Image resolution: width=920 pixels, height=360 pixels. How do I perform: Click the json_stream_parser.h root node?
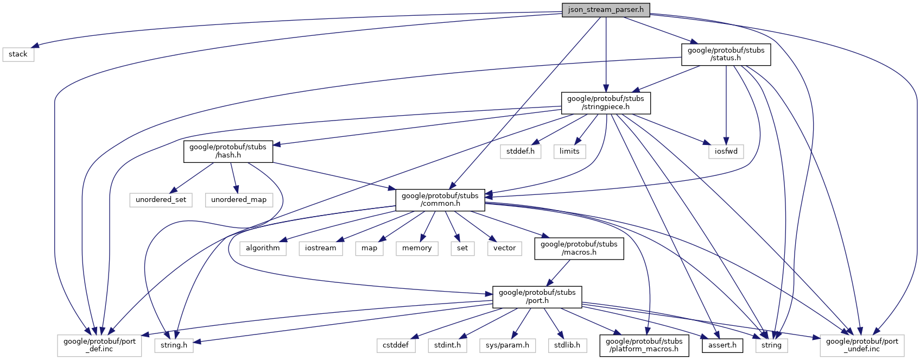pyautogui.click(x=605, y=10)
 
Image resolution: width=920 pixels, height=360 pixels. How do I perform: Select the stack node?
pyautogui.click(x=18, y=54)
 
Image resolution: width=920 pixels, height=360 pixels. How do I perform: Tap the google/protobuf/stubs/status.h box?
pyautogui.click(x=726, y=54)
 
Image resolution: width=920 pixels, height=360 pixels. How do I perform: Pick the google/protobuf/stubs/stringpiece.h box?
pyautogui.click(x=605, y=103)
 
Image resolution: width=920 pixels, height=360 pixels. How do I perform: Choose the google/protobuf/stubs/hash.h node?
pyautogui.click(x=228, y=151)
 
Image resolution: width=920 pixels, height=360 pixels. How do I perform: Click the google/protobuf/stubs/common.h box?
pyautogui.click(x=440, y=200)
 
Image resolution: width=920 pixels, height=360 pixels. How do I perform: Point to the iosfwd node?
pyautogui.click(x=726, y=151)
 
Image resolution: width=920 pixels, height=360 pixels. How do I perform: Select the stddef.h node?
pyautogui.click(x=520, y=151)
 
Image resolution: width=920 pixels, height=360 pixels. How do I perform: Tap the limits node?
pyautogui.click(x=569, y=151)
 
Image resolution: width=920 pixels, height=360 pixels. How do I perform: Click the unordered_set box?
pyautogui.click(x=161, y=200)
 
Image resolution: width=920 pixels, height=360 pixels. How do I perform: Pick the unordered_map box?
pyautogui.click(x=239, y=200)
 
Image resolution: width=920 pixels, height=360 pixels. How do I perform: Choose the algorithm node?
pyautogui.click(x=263, y=248)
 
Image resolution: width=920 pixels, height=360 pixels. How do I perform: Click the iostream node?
pyautogui.click(x=320, y=248)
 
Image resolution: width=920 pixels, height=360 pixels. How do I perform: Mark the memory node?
pyautogui.click(x=417, y=248)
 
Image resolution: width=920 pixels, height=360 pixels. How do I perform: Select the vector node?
pyautogui.click(x=504, y=248)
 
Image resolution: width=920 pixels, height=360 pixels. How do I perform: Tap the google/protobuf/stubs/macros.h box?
pyautogui.click(x=579, y=248)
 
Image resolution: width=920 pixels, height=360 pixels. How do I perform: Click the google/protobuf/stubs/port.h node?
pyautogui.click(x=537, y=296)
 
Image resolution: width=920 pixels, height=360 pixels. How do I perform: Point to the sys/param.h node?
pyautogui.click(x=507, y=345)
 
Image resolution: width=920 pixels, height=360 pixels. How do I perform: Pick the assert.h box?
pyautogui.click(x=722, y=345)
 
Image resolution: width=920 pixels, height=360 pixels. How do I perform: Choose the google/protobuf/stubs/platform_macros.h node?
pyautogui.click(x=644, y=345)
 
